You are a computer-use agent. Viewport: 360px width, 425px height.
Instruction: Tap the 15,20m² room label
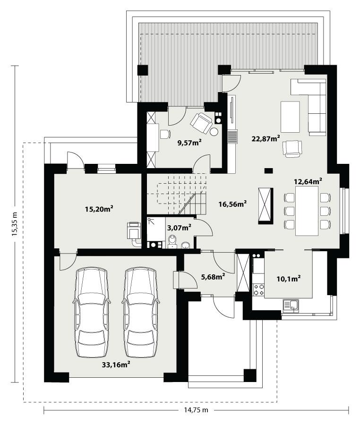tap(102, 208)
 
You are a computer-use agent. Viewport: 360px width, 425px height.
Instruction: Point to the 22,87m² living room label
tap(266, 138)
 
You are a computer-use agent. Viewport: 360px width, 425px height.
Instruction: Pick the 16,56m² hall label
tap(233, 204)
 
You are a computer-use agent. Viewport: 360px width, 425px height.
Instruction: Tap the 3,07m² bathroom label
tap(179, 228)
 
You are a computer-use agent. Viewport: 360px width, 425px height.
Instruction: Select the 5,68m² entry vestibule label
tap(212, 277)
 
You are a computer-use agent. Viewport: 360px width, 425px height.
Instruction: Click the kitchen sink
tap(291, 306)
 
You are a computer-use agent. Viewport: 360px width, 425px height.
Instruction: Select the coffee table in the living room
tap(290, 117)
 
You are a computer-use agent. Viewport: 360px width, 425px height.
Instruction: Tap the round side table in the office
tap(214, 132)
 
